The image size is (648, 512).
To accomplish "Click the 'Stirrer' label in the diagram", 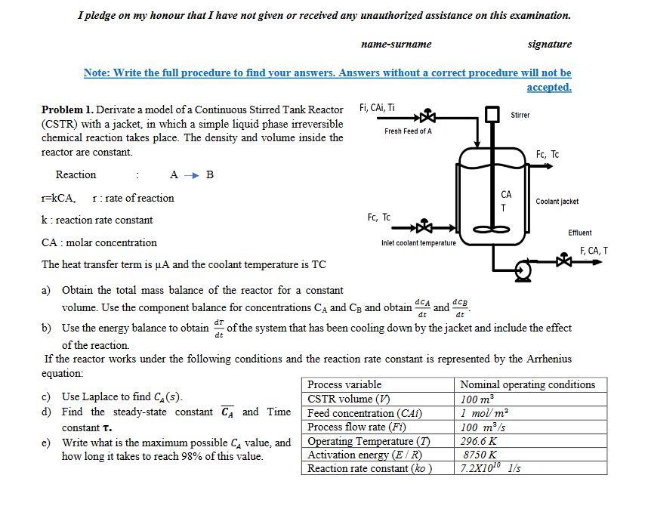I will (520, 115).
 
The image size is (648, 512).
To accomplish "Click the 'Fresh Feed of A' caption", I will (408, 131).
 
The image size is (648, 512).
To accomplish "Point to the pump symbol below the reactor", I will (522, 269).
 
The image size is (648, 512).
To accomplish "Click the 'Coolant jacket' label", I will (557, 202).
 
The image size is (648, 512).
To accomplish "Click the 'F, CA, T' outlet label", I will (593, 251).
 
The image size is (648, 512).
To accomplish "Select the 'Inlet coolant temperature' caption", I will (418, 243).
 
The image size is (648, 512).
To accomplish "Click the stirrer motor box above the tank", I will (493, 114).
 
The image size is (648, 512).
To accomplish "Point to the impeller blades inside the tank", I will (492, 229).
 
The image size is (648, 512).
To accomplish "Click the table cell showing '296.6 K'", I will (479, 441).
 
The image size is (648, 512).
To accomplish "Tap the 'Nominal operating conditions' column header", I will (527, 384).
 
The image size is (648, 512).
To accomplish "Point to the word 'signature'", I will (549, 44).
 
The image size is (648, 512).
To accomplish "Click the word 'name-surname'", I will (397, 44).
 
